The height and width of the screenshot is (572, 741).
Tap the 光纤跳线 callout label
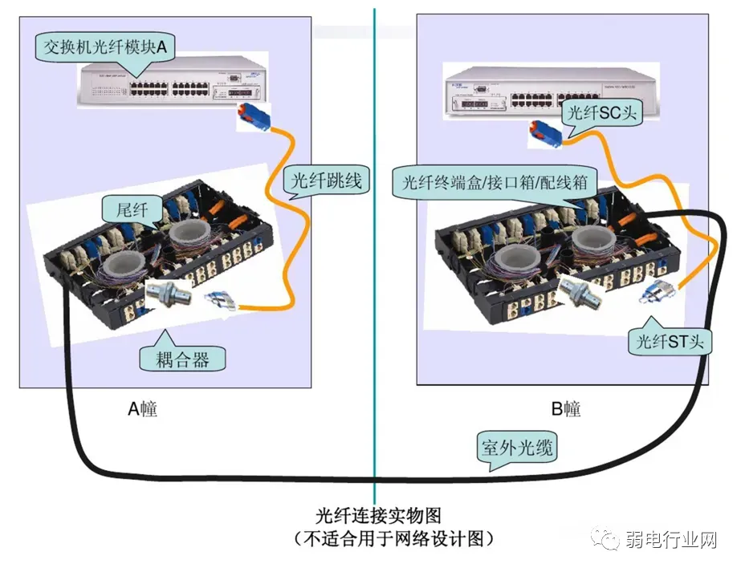point(325,181)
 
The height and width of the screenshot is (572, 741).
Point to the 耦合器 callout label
point(182,359)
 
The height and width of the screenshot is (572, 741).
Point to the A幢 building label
point(143,408)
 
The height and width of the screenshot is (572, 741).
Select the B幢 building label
point(566,408)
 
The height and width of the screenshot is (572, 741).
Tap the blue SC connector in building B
point(548,133)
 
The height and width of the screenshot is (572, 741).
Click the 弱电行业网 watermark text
point(670,541)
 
